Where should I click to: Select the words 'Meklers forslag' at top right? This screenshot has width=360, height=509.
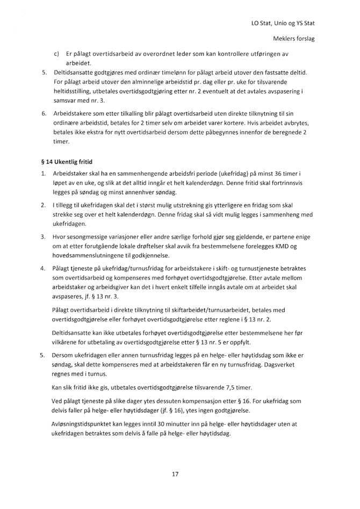pos(294,40)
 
